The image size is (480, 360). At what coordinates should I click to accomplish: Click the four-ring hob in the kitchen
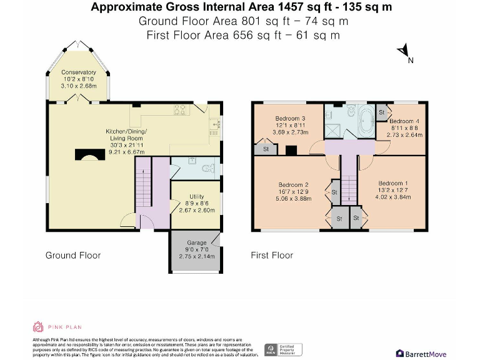click(181, 110)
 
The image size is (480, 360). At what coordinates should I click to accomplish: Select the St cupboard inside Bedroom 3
click(266, 149)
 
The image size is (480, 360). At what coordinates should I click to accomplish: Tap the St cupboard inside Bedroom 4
click(381, 112)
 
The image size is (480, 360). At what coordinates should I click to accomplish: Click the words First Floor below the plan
click(272, 255)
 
